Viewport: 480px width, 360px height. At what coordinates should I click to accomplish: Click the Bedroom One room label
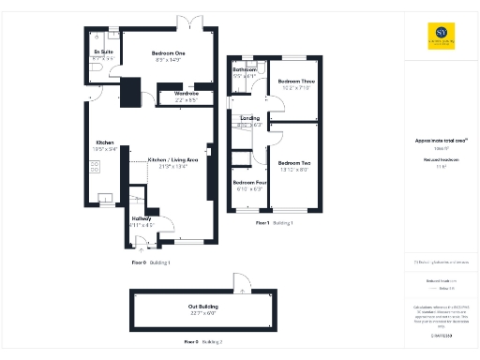click(169, 54)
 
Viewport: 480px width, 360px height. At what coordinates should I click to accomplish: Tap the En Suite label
click(103, 51)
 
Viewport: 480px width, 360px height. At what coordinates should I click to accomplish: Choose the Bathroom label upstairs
click(246, 70)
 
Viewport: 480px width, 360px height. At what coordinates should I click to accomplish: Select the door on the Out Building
click(243, 282)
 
